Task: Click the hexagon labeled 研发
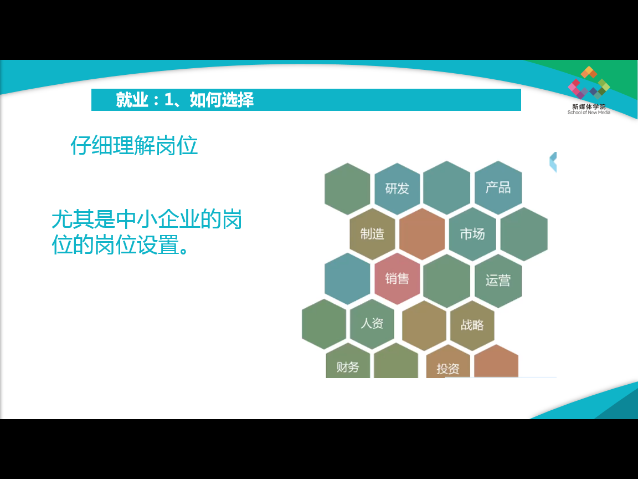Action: click(397, 188)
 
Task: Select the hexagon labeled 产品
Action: click(498, 187)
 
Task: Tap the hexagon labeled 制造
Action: click(372, 234)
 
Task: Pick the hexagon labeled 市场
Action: click(472, 234)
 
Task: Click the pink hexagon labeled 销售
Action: click(397, 279)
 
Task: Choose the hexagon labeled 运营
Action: click(498, 281)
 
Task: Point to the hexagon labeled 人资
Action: click(372, 324)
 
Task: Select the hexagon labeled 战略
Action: click(472, 325)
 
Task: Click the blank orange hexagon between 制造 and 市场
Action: click(422, 234)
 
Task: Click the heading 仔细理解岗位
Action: click(134, 145)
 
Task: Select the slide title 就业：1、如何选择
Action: click(185, 100)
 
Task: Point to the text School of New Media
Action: click(589, 113)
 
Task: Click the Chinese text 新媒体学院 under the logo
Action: click(589, 106)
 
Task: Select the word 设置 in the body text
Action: click(159, 245)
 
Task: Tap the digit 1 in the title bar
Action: click(169, 100)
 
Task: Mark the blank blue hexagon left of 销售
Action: click(347, 279)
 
